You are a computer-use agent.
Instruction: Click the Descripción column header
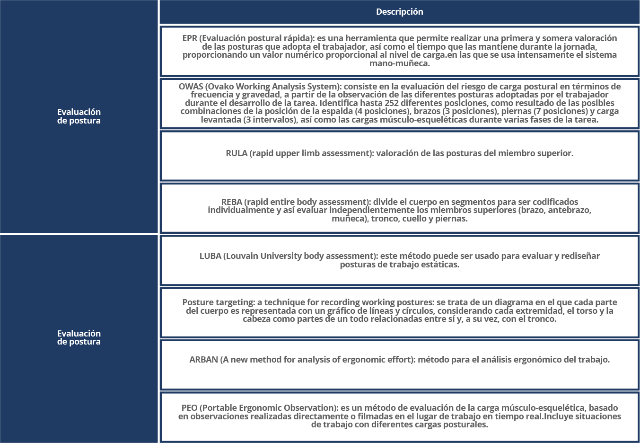click(399, 12)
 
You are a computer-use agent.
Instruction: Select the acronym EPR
click(190, 38)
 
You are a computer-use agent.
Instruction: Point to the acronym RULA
click(237, 153)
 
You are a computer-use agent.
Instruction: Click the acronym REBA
click(232, 202)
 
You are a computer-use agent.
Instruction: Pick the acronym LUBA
click(210, 256)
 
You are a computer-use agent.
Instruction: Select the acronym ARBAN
click(204, 360)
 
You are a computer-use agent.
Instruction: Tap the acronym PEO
click(189, 408)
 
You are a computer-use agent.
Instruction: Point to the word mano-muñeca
click(400, 63)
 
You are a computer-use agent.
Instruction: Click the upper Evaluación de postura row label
click(79, 116)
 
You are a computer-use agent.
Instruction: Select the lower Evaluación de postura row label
click(79, 337)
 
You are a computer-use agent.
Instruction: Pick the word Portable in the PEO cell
click(220, 408)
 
